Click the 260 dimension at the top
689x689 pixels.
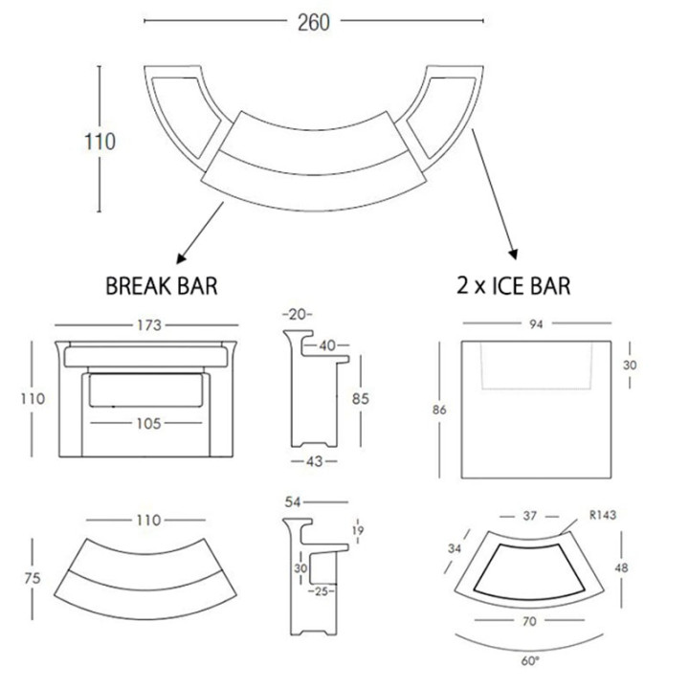(313, 22)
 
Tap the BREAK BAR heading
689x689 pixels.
(162, 286)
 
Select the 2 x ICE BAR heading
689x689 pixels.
(514, 285)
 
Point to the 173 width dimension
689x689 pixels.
(149, 325)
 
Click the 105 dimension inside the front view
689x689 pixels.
(148, 424)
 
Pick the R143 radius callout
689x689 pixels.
(603, 515)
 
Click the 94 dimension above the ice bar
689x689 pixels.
(536, 324)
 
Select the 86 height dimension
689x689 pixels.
(439, 410)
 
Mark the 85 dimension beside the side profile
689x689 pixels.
(361, 398)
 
